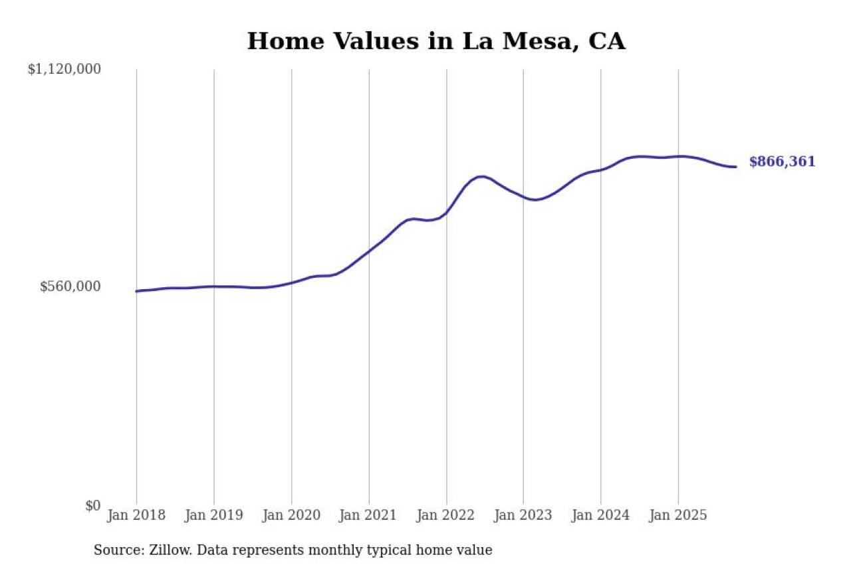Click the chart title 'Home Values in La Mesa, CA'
[436, 41]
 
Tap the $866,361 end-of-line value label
[782, 162]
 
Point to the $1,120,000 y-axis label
[64, 69]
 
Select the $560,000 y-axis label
[70, 286]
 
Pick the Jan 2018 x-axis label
[137, 515]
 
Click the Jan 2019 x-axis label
[214, 515]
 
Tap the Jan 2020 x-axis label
[291, 515]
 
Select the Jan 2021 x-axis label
[369, 515]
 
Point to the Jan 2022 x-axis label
[446, 515]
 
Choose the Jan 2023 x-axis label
[523, 515]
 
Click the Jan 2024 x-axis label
[600, 515]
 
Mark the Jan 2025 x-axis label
[678, 515]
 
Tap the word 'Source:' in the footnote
[116, 550]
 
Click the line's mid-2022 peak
[482, 177]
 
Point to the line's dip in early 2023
[535, 199]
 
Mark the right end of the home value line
[735, 167]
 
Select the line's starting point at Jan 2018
[137, 291]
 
